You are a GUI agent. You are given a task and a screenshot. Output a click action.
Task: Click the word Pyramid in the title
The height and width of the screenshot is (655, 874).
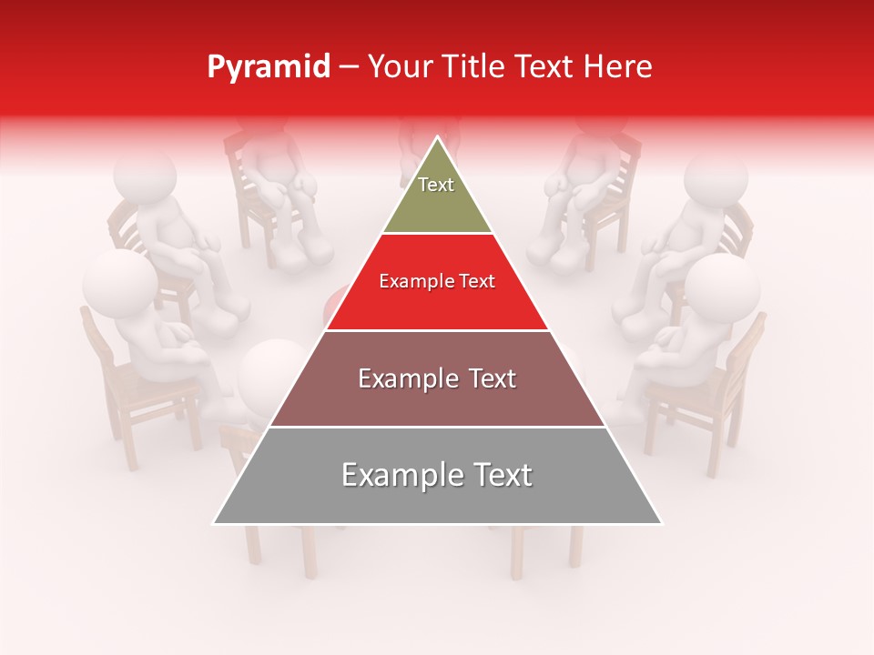click(269, 67)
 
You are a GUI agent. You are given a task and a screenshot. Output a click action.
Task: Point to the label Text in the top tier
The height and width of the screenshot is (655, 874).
click(436, 185)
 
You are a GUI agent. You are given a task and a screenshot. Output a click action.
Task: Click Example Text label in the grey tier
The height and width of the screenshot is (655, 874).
click(437, 475)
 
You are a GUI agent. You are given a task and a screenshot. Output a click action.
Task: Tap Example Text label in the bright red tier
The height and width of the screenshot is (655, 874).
click(437, 281)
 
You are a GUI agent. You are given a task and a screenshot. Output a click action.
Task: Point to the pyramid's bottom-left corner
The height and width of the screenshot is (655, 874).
click(214, 523)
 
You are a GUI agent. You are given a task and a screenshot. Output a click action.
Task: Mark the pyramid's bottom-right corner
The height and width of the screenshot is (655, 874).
click(662, 523)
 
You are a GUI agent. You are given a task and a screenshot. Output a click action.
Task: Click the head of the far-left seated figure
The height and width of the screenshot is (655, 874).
click(117, 282)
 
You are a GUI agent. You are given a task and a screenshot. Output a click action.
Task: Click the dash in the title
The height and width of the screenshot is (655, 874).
click(349, 67)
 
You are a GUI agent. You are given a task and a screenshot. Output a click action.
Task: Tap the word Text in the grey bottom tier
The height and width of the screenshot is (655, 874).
click(500, 475)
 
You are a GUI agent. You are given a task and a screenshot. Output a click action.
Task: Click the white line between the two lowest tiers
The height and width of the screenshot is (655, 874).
click(437, 427)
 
